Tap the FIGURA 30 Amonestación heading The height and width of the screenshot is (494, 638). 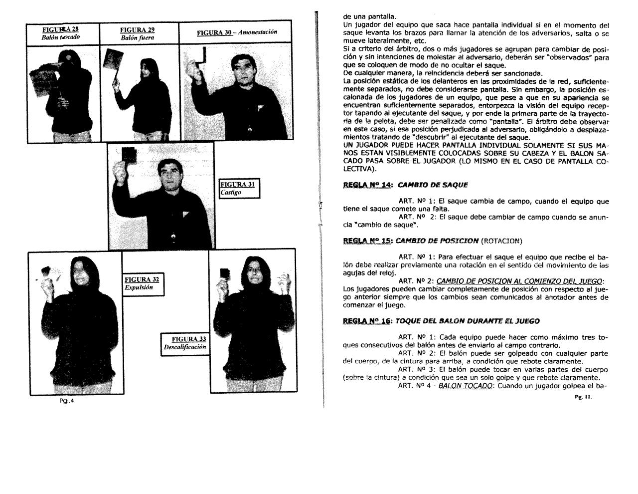pyautogui.click(x=237, y=32)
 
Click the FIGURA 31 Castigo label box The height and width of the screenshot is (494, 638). pyautogui.click(x=239, y=188)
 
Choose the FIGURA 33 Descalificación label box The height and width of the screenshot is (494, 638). pyautogui.click(x=185, y=343)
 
